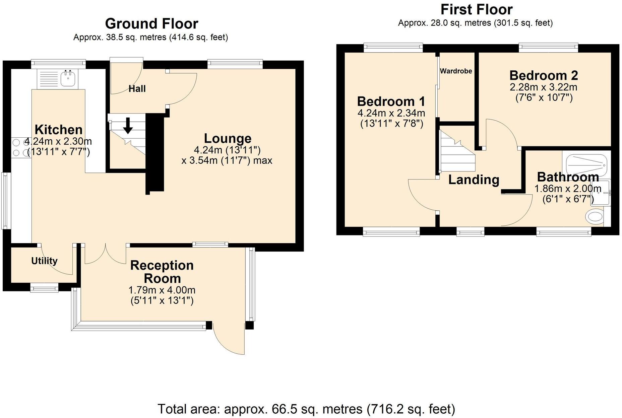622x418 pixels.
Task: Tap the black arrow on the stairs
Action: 128,125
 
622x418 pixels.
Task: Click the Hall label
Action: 137,89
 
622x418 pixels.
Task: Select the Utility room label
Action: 44,261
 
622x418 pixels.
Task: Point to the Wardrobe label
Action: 456,71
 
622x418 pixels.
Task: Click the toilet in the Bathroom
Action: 595,216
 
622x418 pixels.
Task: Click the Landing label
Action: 474,180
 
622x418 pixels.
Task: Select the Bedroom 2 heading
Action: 544,75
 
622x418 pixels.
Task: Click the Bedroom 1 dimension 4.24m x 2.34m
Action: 391,113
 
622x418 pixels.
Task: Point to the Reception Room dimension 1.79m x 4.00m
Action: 162,290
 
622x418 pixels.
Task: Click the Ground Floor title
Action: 151,24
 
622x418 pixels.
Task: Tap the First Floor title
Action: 476,9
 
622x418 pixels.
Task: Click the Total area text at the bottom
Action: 306,409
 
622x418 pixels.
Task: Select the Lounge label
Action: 228,138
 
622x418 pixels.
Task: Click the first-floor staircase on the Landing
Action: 457,151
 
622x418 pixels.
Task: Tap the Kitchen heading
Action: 59,130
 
